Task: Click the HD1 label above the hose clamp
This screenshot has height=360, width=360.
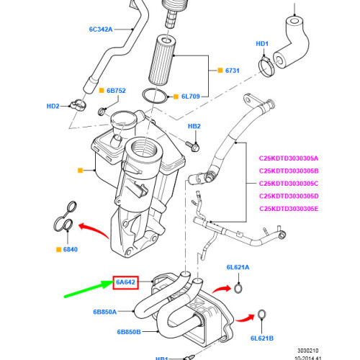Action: click(263, 45)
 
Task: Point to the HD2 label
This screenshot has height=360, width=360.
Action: click(53, 106)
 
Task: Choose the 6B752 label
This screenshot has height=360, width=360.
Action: click(116, 91)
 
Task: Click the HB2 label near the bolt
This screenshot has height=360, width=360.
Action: click(194, 127)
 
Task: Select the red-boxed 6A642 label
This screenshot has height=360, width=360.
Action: click(125, 282)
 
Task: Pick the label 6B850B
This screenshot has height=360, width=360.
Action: click(130, 332)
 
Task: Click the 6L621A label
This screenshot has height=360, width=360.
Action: click(237, 267)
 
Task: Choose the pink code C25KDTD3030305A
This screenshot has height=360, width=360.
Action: click(292, 158)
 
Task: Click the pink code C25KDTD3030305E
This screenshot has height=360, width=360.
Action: click(292, 210)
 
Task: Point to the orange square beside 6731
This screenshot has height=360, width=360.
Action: click(218, 71)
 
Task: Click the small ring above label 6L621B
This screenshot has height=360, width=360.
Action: click(262, 315)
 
